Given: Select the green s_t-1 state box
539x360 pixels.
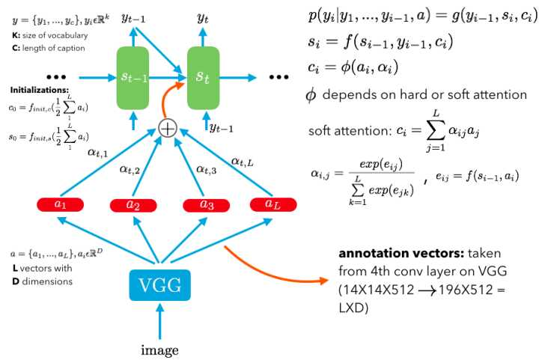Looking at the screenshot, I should [133, 76].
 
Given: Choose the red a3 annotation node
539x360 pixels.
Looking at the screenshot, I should [203, 204].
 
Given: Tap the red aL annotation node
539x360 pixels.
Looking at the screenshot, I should [270, 204].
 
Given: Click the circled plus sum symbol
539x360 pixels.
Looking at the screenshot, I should [168, 128].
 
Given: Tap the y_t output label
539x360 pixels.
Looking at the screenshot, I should [202, 16].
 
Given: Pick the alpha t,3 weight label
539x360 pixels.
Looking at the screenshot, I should [207, 169].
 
